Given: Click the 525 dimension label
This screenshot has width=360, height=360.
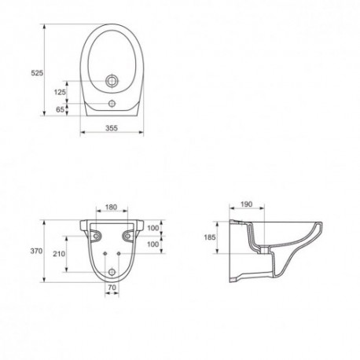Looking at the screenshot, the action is (37, 73).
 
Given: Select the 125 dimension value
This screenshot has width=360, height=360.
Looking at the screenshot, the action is (60, 92).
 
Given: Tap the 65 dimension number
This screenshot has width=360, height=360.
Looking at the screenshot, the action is (60, 109).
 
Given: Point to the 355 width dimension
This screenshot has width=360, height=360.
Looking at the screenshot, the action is (112, 128).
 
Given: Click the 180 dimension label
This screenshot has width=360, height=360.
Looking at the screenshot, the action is (111, 208).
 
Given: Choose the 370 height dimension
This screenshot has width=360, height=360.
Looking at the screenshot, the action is (36, 251).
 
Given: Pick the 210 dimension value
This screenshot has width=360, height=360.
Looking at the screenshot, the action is (59, 254).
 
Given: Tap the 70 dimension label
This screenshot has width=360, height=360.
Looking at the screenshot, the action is (112, 288).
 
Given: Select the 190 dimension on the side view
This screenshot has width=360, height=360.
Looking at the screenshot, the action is (246, 204).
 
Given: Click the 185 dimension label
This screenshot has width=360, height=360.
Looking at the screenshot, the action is (210, 237).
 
